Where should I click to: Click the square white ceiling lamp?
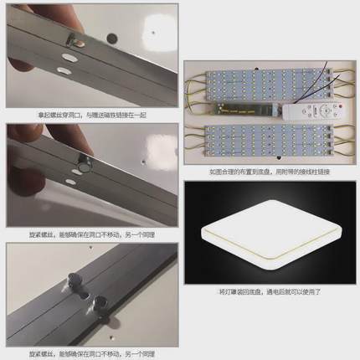[269, 237]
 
